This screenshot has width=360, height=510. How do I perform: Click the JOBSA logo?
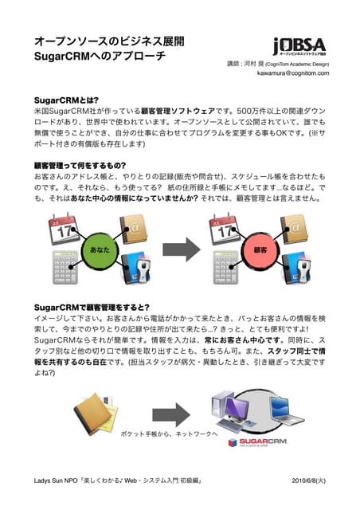click(x=299, y=46)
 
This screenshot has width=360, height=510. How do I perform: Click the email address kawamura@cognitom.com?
click(x=293, y=73)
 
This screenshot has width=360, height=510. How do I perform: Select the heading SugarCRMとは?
click(x=66, y=100)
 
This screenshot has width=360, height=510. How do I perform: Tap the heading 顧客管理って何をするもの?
click(x=80, y=166)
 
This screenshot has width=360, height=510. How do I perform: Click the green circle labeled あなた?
click(x=100, y=249)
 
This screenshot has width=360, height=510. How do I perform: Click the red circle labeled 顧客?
click(x=260, y=249)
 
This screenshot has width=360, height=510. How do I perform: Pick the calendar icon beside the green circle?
click(x=64, y=228)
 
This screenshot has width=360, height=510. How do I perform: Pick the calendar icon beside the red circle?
click(x=225, y=228)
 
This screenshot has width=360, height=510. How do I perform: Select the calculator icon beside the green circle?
click(x=65, y=268)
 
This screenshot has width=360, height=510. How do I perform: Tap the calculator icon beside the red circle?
click(x=226, y=268)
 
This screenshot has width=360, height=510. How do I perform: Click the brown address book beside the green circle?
click(x=134, y=229)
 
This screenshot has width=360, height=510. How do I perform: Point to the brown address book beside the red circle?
click(x=295, y=229)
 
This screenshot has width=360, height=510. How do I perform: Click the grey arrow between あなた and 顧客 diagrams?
click(x=181, y=249)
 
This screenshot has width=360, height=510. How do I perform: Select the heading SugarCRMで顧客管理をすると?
click(x=92, y=308)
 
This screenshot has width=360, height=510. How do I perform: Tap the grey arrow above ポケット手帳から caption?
click(x=171, y=415)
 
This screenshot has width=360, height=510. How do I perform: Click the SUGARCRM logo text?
click(x=263, y=441)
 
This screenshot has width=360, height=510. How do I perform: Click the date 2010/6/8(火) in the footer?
click(x=308, y=481)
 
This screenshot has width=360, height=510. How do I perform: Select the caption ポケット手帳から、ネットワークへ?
click(x=169, y=433)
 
